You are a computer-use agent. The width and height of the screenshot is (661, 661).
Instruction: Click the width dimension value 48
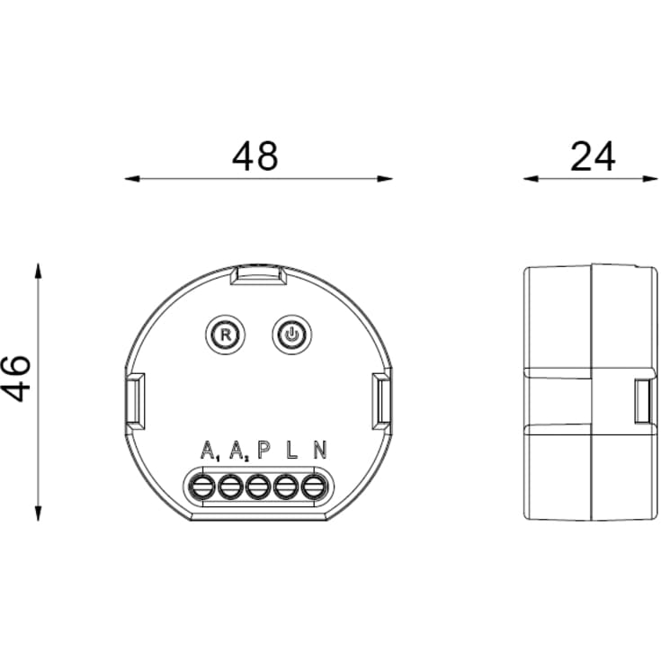tap(255, 156)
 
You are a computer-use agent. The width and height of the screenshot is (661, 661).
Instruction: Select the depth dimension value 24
tap(593, 156)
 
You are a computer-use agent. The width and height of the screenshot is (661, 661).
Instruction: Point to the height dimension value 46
tap(17, 379)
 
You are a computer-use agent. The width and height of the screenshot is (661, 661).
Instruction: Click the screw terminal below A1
tap(203, 487)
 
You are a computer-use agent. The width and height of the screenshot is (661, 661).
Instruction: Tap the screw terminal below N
tap(313, 487)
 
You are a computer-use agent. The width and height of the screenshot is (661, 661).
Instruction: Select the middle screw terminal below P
tap(259, 487)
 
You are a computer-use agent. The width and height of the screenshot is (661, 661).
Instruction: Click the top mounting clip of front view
tap(257, 275)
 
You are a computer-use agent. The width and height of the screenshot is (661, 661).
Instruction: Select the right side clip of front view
tap(382, 400)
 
